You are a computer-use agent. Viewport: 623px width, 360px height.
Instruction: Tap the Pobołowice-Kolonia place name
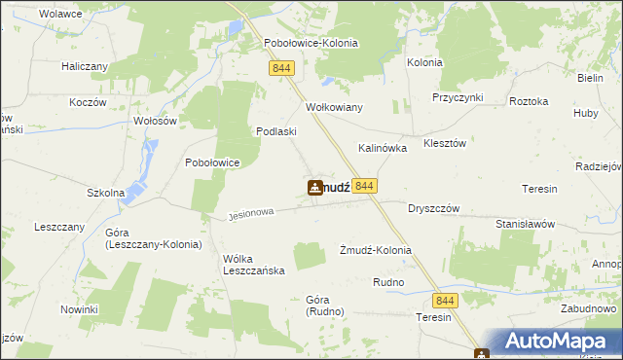click(311, 44)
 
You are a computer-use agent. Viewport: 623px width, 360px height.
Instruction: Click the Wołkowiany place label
click(334, 107)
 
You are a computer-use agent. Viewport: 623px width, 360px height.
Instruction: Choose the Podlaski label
click(275, 131)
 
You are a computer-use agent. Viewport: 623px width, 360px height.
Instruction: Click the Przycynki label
click(458, 97)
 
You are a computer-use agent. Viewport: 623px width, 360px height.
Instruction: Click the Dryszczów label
click(433, 208)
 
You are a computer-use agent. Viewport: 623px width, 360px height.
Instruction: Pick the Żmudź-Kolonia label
click(375, 250)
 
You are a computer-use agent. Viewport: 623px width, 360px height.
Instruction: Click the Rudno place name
click(388, 282)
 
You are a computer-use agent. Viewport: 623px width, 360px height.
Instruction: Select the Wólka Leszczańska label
click(253, 265)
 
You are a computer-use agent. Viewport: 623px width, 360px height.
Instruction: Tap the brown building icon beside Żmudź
click(315, 188)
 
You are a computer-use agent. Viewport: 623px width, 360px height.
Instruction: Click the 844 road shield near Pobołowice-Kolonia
click(282, 67)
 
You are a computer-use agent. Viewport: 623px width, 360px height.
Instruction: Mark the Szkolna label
click(105, 193)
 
